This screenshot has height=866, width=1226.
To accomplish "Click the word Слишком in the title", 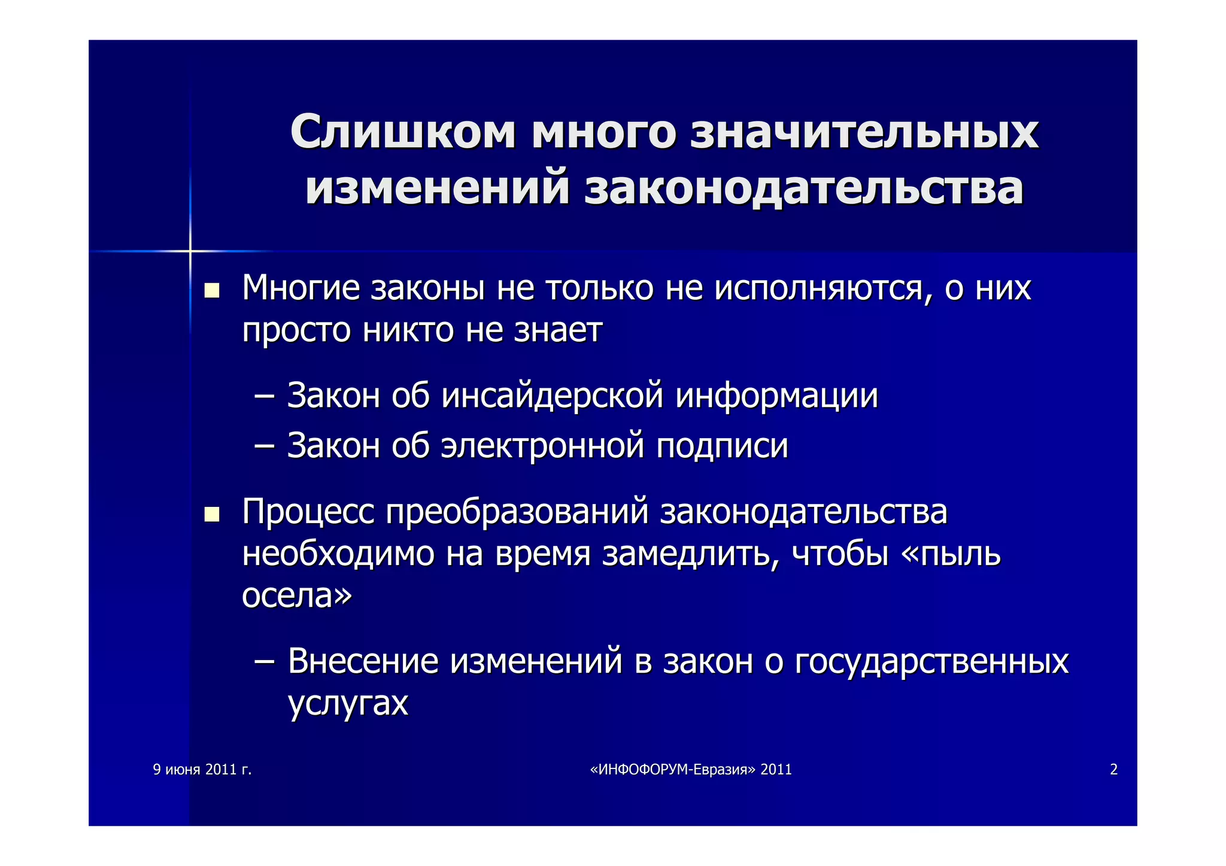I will (402, 132).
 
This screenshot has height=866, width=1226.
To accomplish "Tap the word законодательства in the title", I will (803, 189).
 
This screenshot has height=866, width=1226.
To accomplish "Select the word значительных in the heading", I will (864, 132).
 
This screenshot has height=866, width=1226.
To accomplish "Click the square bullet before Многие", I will (211, 291).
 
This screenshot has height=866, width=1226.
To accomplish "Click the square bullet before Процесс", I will (211, 515).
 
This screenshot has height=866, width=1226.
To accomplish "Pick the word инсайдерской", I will (552, 396).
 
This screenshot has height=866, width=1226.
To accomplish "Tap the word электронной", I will (542, 446).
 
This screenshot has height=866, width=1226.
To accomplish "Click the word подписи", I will (722, 446).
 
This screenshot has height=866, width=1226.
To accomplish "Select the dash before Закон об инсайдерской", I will (264, 397).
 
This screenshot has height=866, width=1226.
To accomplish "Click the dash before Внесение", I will (264, 662).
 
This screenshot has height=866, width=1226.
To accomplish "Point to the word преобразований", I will (517, 512).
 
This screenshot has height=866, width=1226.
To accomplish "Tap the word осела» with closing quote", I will (297, 595).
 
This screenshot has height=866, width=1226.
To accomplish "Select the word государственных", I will (931, 662).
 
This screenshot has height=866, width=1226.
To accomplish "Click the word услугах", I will (348, 704).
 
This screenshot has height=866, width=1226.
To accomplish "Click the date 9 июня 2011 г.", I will (202, 770).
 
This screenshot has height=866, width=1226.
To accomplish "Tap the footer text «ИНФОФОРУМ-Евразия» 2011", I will (690, 770).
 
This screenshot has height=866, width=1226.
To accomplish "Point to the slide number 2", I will (1113, 770).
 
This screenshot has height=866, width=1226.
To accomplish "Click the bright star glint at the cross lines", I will (190, 251).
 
